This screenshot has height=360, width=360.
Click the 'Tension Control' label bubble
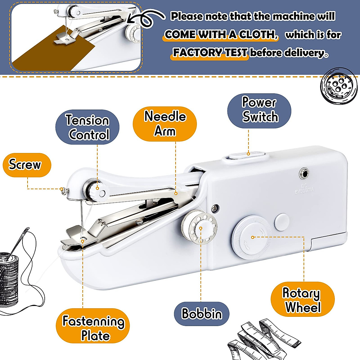(87, 127)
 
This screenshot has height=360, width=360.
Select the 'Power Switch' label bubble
(259, 110)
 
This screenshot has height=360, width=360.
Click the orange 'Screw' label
(27, 165)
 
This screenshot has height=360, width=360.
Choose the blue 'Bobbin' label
(202, 313)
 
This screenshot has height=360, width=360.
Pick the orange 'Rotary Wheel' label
(302, 300)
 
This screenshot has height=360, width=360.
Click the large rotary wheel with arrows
(251, 237)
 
